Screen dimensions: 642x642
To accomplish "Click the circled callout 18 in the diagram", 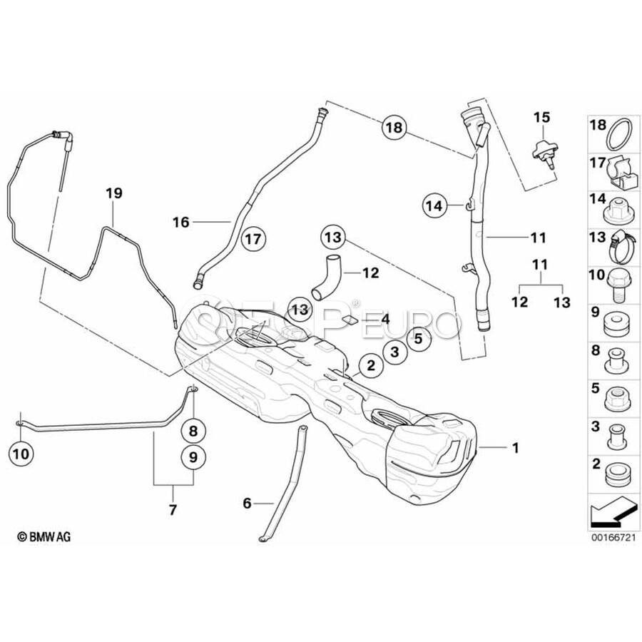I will [x=394, y=128].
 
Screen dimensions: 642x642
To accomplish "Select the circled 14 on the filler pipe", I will [x=434, y=205].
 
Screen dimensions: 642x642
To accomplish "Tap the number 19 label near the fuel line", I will [x=114, y=193].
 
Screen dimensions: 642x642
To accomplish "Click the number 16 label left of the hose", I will [x=180, y=223].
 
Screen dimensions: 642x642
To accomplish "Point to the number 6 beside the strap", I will [x=247, y=503].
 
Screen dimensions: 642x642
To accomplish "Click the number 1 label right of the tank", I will [x=515, y=448].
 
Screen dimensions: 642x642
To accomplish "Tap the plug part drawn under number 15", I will [x=543, y=151].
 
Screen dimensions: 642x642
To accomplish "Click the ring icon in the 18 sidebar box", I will [x=619, y=133].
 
